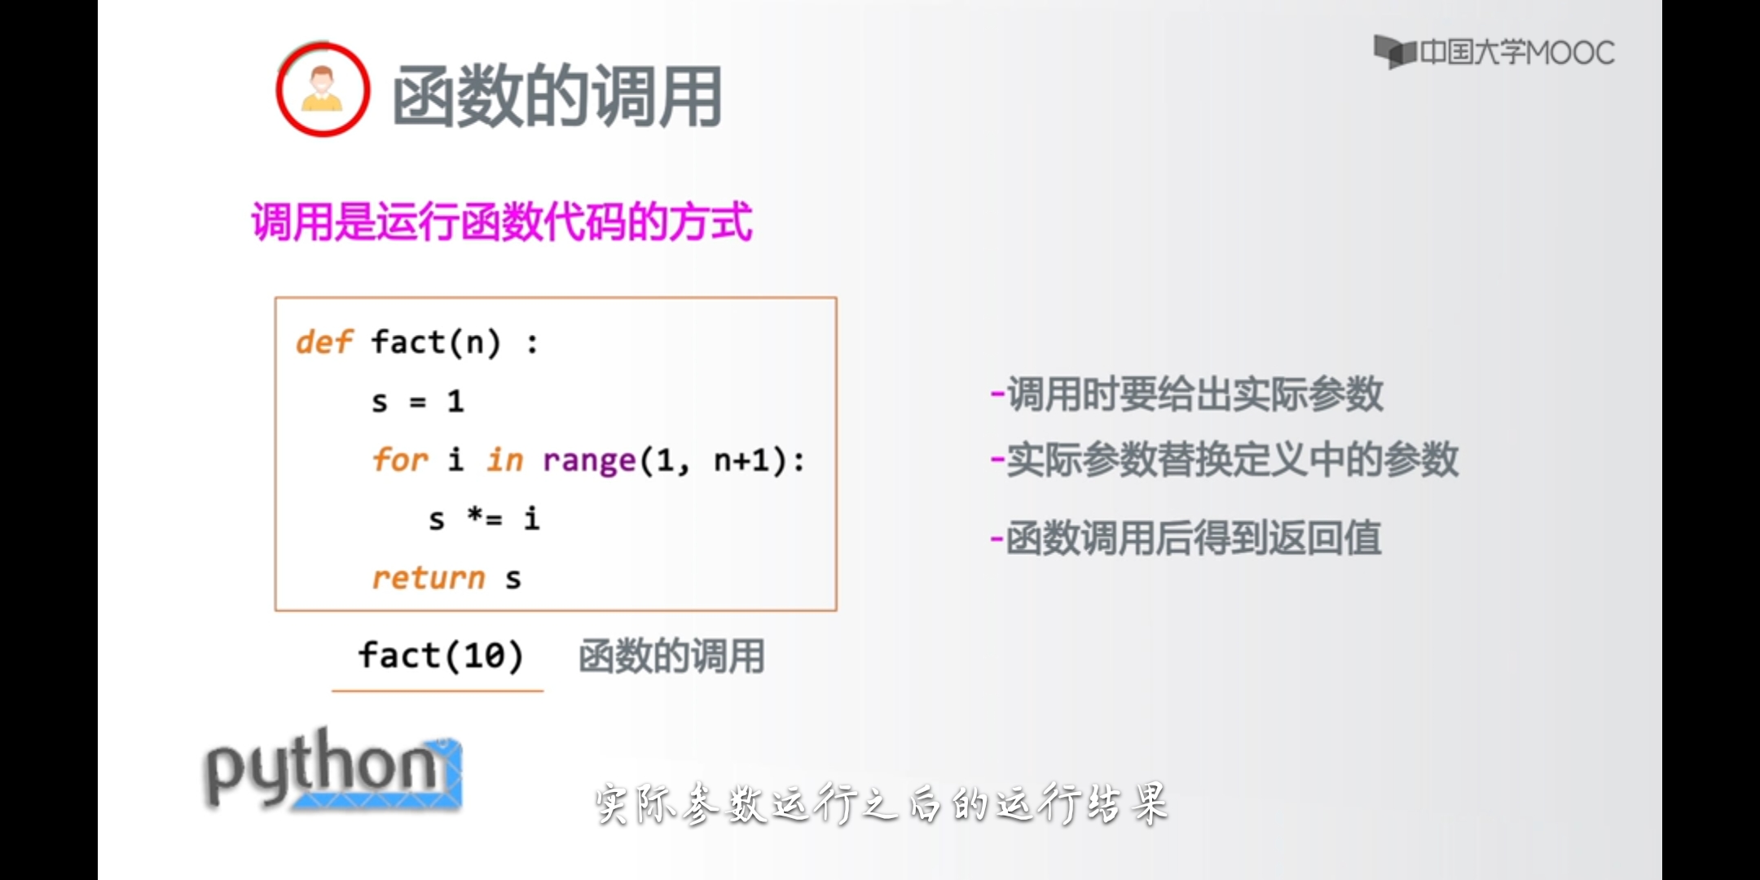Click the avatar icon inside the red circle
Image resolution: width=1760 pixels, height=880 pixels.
[322, 88]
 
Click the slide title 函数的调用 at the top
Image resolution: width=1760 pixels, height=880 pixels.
[557, 96]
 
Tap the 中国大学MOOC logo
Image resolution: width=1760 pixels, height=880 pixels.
[1494, 52]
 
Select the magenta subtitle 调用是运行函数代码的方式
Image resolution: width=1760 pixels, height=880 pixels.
[502, 222]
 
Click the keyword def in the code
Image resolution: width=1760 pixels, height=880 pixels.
[324, 342]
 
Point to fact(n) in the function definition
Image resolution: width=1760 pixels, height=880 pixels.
[436, 342]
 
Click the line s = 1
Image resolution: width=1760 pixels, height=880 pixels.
[417, 401]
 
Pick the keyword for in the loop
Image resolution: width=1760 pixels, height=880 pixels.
[400, 460]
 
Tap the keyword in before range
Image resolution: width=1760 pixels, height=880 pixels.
[505, 460]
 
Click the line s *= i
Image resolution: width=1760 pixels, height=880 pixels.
[484, 518]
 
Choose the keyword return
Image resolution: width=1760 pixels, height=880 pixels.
[429, 578]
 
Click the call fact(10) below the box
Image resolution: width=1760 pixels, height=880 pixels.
[440, 655]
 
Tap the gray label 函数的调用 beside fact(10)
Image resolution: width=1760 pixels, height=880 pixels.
[671, 656]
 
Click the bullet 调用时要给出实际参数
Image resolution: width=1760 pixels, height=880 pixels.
[1186, 394]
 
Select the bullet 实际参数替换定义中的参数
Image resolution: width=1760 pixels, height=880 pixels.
[1224, 460]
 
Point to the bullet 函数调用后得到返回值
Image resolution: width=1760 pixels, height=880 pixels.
[1186, 538]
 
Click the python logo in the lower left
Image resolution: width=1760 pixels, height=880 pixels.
[332, 769]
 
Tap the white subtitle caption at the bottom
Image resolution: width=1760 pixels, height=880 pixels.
[882, 804]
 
